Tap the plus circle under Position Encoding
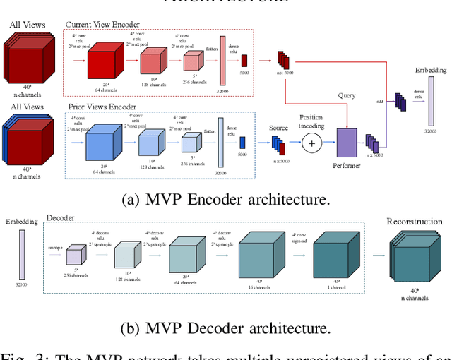point(311,145)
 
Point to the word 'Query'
point(347,95)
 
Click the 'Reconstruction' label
point(414,221)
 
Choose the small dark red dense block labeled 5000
point(244,61)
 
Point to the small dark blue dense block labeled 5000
point(242,142)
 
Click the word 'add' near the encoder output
point(379,102)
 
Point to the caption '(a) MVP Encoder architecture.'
point(225,200)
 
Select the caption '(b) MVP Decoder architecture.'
point(225,328)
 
